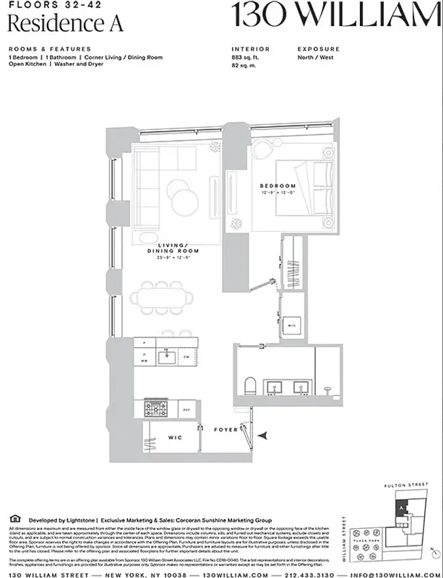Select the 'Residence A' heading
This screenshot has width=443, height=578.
coord(65,23)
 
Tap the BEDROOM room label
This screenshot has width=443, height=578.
coord(278,186)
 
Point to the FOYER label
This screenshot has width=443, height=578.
coord(226,430)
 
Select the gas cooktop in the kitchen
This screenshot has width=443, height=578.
coord(155,409)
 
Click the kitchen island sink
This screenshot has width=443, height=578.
coord(165,355)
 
